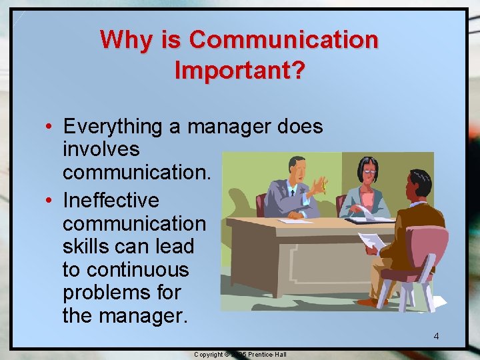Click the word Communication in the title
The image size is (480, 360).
(284, 40)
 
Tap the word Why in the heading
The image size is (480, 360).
(127, 40)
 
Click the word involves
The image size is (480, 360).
(101, 149)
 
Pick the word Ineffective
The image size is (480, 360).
(111, 200)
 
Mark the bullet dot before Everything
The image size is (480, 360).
(51, 127)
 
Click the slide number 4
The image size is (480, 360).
(436, 336)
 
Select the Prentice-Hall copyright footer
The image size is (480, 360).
(240, 354)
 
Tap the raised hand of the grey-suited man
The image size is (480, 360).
(321, 184)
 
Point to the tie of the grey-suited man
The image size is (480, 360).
(291, 191)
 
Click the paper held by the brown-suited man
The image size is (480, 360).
(371, 241)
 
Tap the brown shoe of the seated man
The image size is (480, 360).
(371, 301)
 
